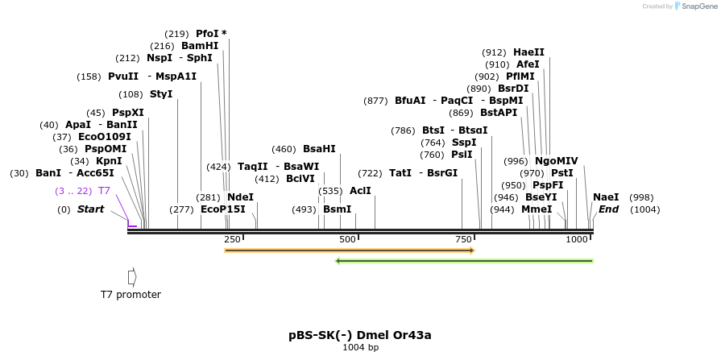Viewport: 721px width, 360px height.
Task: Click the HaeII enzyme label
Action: click(528, 52)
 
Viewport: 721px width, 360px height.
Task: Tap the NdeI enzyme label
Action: click(240, 197)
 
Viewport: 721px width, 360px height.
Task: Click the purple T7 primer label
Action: click(104, 191)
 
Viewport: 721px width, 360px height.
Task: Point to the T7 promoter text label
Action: click(131, 295)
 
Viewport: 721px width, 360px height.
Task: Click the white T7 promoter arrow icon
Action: click(132, 276)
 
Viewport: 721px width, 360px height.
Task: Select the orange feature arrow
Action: click(350, 250)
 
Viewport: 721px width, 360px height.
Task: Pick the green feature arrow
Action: click(464, 261)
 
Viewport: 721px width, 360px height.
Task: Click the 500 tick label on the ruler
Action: click(347, 240)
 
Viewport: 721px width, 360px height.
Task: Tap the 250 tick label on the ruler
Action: click(232, 240)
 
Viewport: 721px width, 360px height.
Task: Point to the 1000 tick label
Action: click(577, 240)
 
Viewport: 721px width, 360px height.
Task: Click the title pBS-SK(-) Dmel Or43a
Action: click(365, 335)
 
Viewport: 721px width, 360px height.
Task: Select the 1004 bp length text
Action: click(360, 348)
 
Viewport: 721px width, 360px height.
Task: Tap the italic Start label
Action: click(90, 209)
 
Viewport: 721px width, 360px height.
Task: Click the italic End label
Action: click(608, 209)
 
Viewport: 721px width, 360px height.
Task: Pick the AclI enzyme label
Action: click(360, 191)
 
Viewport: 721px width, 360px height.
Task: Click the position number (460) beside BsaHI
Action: click(284, 149)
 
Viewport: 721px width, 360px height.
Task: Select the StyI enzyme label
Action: click(161, 94)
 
